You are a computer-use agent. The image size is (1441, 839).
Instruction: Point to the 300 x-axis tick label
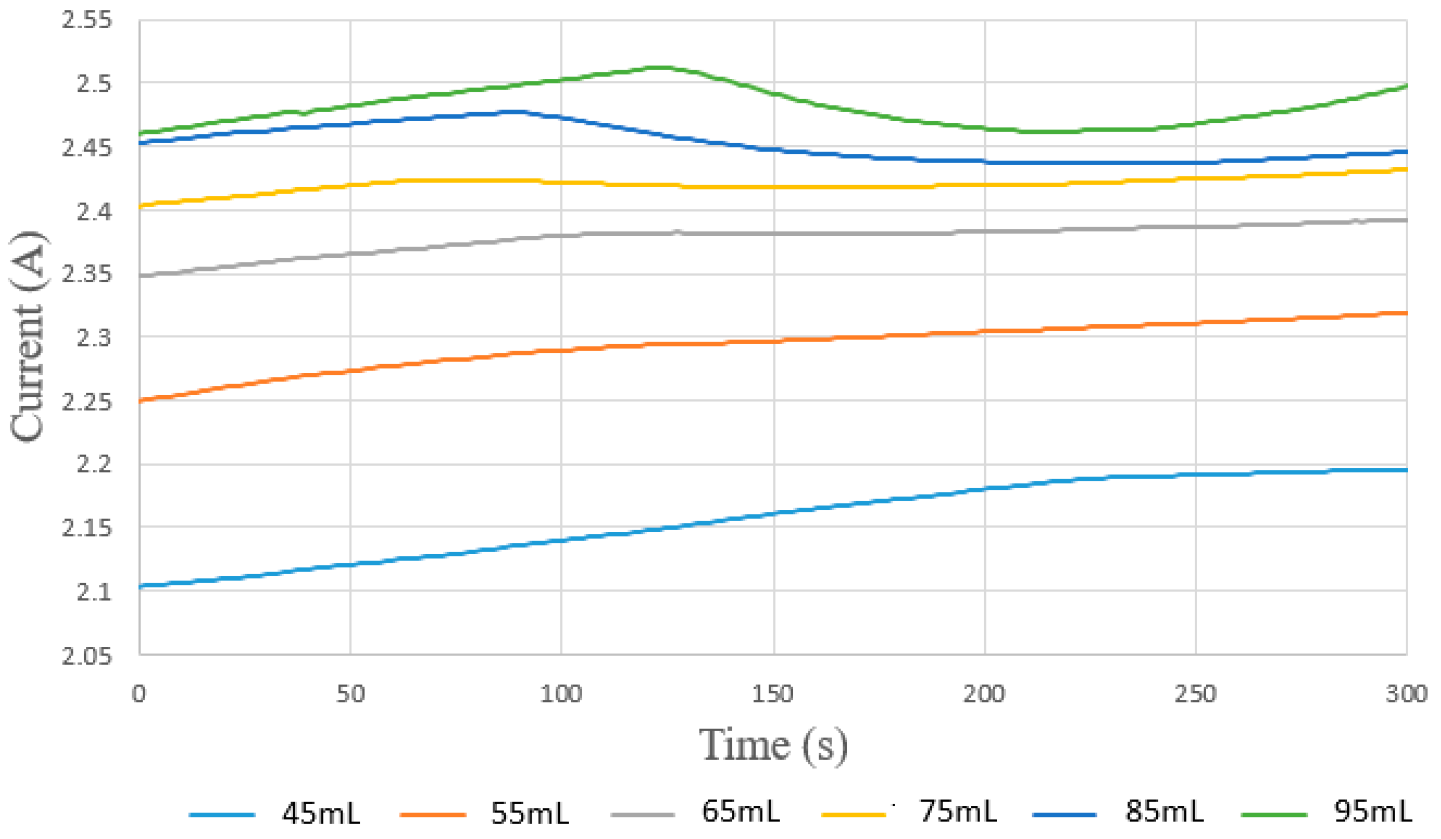(1405, 694)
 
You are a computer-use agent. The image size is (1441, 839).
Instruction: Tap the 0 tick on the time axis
(139, 694)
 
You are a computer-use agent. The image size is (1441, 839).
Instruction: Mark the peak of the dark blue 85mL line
(518, 112)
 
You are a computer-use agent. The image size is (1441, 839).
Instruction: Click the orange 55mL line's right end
(1405, 313)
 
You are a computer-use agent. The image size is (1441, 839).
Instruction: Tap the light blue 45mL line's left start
(141, 586)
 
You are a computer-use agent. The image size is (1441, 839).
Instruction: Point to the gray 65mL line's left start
(141, 276)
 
